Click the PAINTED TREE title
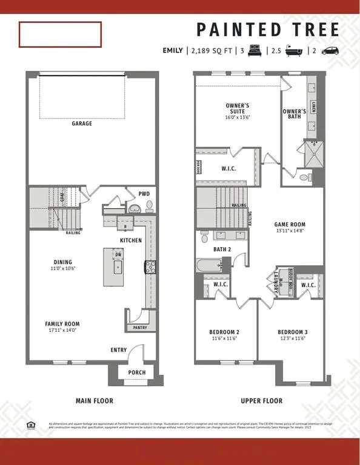point(268,29)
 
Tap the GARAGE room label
point(82,124)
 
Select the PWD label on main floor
point(144,194)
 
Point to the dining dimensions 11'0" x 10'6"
point(63,268)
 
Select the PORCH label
point(137,372)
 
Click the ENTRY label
point(119,350)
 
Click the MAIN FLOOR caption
point(94,401)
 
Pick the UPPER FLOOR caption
point(261,401)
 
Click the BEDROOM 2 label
point(224,332)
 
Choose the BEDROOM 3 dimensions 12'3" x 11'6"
point(293,339)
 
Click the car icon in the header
point(330,51)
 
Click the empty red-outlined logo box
point(60,35)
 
